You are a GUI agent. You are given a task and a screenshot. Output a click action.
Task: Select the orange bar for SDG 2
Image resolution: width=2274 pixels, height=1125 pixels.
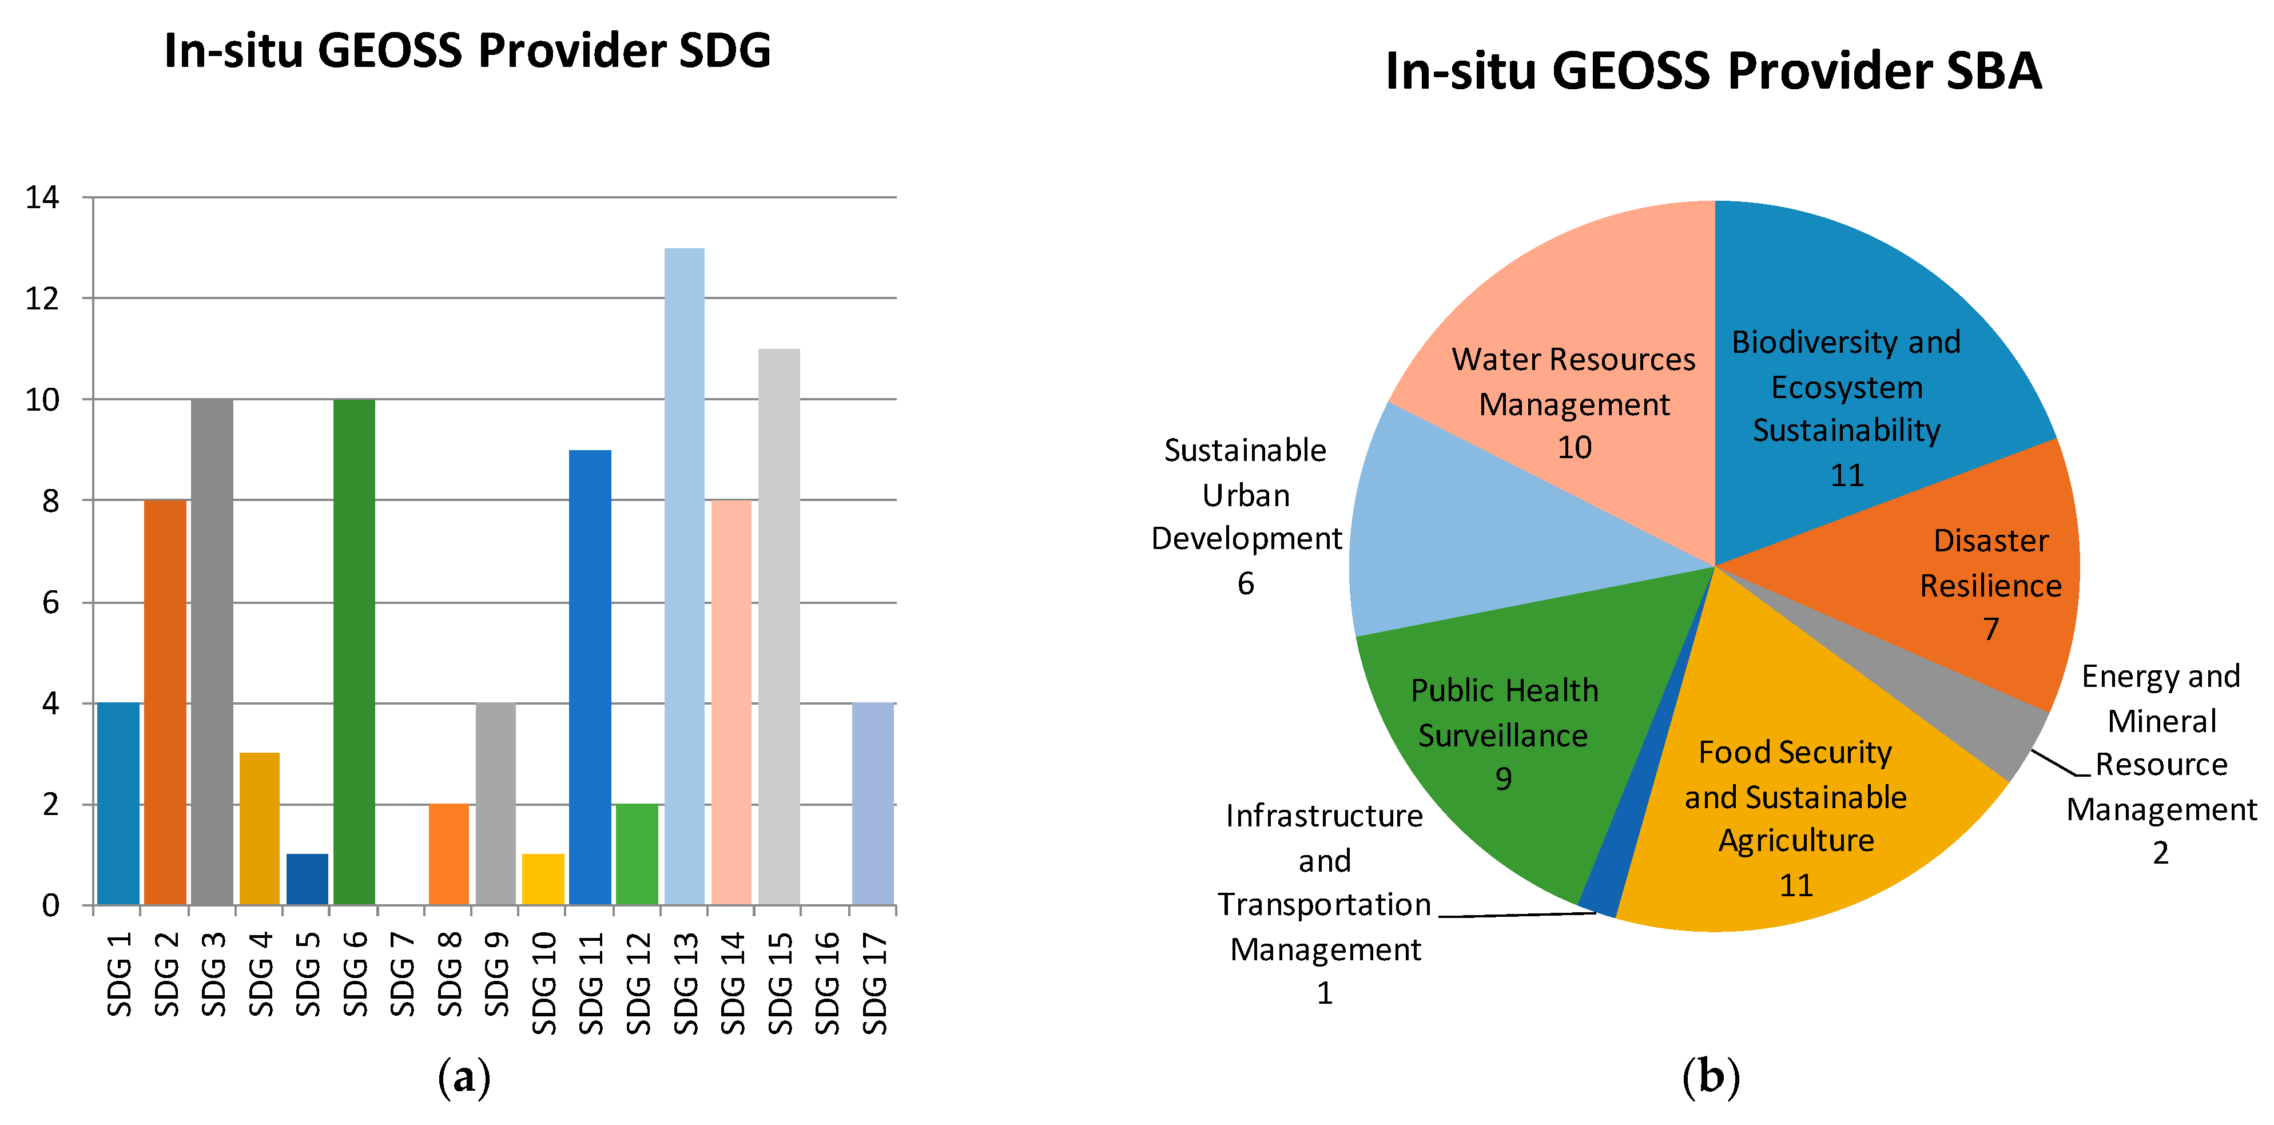click(165, 702)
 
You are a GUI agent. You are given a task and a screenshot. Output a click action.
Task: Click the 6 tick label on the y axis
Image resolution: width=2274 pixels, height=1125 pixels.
click(50, 603)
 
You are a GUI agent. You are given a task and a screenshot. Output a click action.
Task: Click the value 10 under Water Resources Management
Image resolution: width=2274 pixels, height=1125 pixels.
click(1574, 448)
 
